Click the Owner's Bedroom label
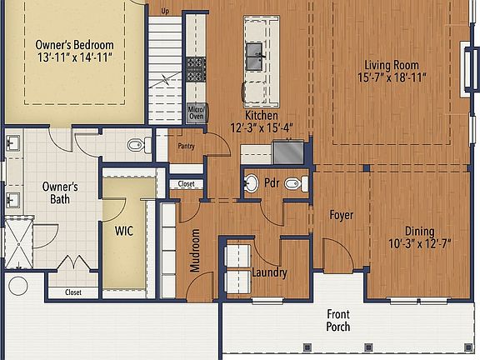74,44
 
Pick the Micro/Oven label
196,112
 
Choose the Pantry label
187,147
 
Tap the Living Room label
391,65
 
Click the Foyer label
340,215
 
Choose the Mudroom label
195,250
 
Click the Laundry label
268,272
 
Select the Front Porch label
337,320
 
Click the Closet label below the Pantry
187,184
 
